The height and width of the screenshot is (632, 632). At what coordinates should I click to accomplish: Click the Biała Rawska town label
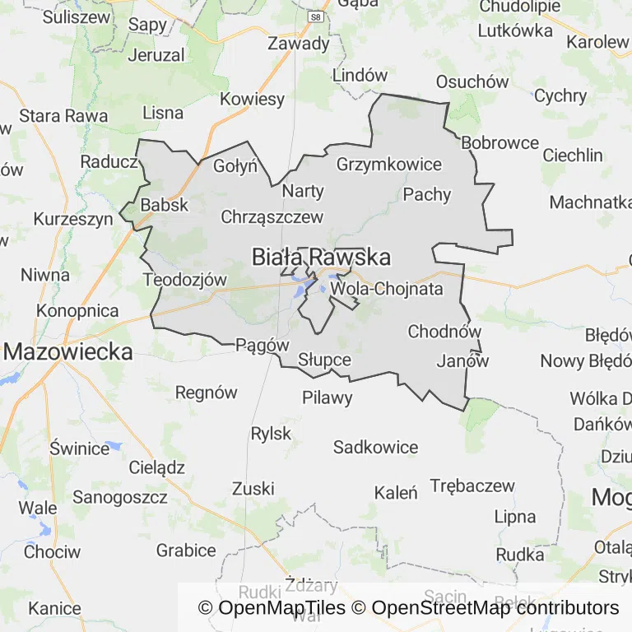point(321,258)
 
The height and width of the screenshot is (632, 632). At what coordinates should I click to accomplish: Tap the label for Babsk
point(165,205)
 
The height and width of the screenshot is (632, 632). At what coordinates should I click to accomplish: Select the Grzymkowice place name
point(389,164)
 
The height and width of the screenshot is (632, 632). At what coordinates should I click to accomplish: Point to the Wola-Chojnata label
point(387,289)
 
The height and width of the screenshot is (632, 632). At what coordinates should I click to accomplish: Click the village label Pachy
point(427,194)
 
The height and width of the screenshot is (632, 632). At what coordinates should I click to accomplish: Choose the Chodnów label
point(444,332)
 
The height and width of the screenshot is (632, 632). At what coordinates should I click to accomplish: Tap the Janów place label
point(462,360)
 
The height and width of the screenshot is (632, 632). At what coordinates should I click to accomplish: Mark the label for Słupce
point(325,360)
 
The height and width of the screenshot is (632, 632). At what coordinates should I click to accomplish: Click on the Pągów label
point(263,345)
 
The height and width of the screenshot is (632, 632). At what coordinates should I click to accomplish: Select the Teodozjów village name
point(184,280)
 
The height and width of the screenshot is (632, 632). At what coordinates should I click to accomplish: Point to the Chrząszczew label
point(272,217)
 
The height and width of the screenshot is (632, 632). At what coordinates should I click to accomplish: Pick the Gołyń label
point(235,165)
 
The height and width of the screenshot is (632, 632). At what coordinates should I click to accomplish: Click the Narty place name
point(303,191)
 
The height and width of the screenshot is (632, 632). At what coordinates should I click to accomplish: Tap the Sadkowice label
point(375,448)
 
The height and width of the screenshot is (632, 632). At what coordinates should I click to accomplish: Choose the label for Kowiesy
point(252,100)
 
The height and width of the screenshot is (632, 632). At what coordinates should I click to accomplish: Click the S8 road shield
point(314,16)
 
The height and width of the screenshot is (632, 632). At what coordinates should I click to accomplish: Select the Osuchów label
point(472,81)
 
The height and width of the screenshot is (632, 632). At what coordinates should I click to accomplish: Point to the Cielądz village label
point(156,467)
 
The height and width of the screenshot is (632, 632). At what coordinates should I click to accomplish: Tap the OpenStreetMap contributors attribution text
point(495,608)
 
